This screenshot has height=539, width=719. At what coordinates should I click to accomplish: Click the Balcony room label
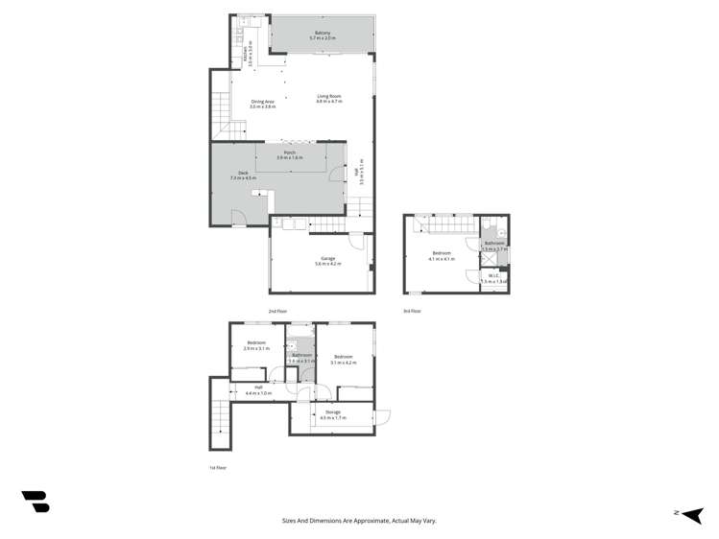322,34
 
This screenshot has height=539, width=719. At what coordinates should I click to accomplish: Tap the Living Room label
329,96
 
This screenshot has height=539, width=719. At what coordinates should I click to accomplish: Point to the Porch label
289,152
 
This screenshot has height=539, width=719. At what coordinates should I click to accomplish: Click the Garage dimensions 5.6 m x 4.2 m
327,264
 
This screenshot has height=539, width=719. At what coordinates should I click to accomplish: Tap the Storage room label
332,412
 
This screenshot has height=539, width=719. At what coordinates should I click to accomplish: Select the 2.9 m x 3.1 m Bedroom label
256,343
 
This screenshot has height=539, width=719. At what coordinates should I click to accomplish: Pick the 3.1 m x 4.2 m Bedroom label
343,357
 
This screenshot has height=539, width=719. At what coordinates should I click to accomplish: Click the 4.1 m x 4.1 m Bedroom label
442,253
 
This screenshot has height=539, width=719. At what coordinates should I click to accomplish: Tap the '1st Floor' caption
218,468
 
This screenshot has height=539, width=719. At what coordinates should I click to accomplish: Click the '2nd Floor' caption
277,312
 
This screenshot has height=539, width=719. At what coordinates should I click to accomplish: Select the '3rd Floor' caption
412,312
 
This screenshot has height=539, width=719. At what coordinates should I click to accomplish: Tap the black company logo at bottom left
36,501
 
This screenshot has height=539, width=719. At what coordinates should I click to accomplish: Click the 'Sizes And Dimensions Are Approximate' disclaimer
359,521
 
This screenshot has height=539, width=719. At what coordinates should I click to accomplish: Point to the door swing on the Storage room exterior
382,417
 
